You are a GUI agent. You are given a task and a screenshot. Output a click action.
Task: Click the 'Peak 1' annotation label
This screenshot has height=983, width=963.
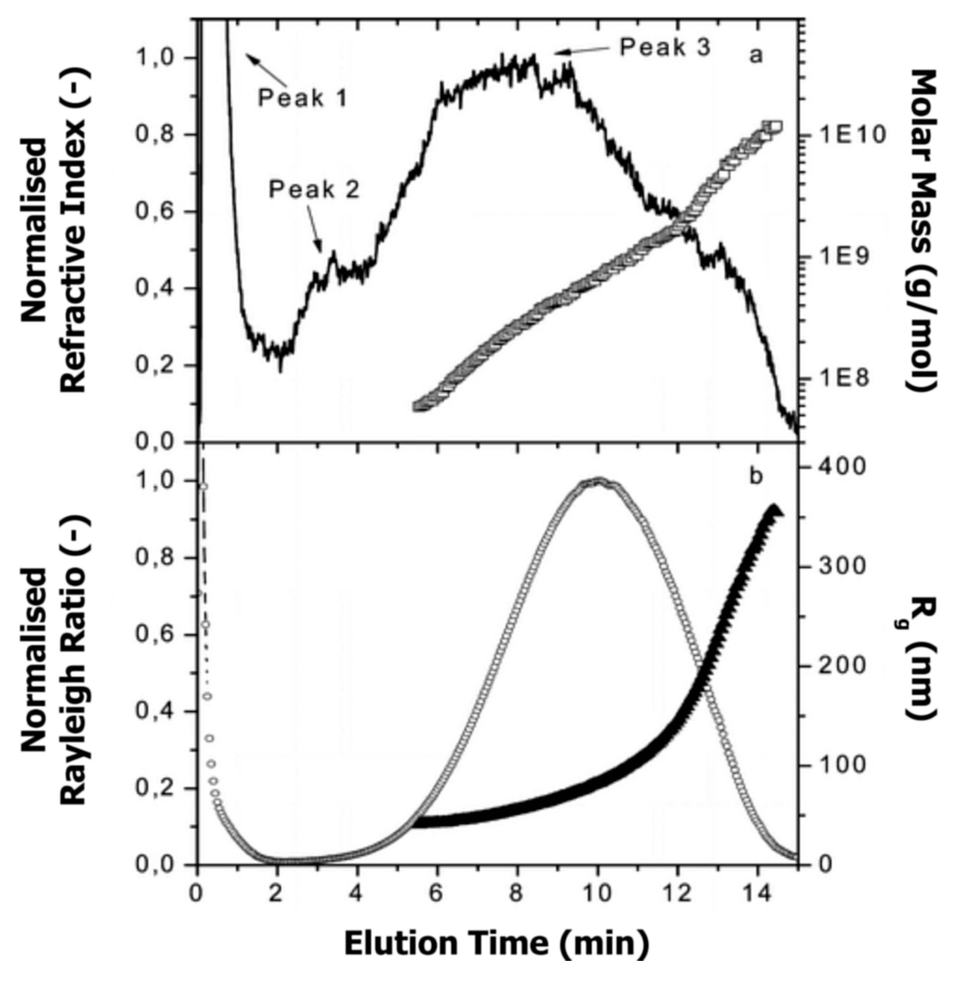(303, 97)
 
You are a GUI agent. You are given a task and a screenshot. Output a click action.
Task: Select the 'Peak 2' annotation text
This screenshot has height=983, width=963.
(313, 190)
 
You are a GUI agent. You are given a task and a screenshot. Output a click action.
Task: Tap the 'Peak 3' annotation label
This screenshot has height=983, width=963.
(665, 47)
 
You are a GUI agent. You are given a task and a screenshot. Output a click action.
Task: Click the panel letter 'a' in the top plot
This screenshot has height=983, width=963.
(755, 56)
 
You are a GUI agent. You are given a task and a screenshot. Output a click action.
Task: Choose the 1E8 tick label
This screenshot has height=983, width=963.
(845, 378)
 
